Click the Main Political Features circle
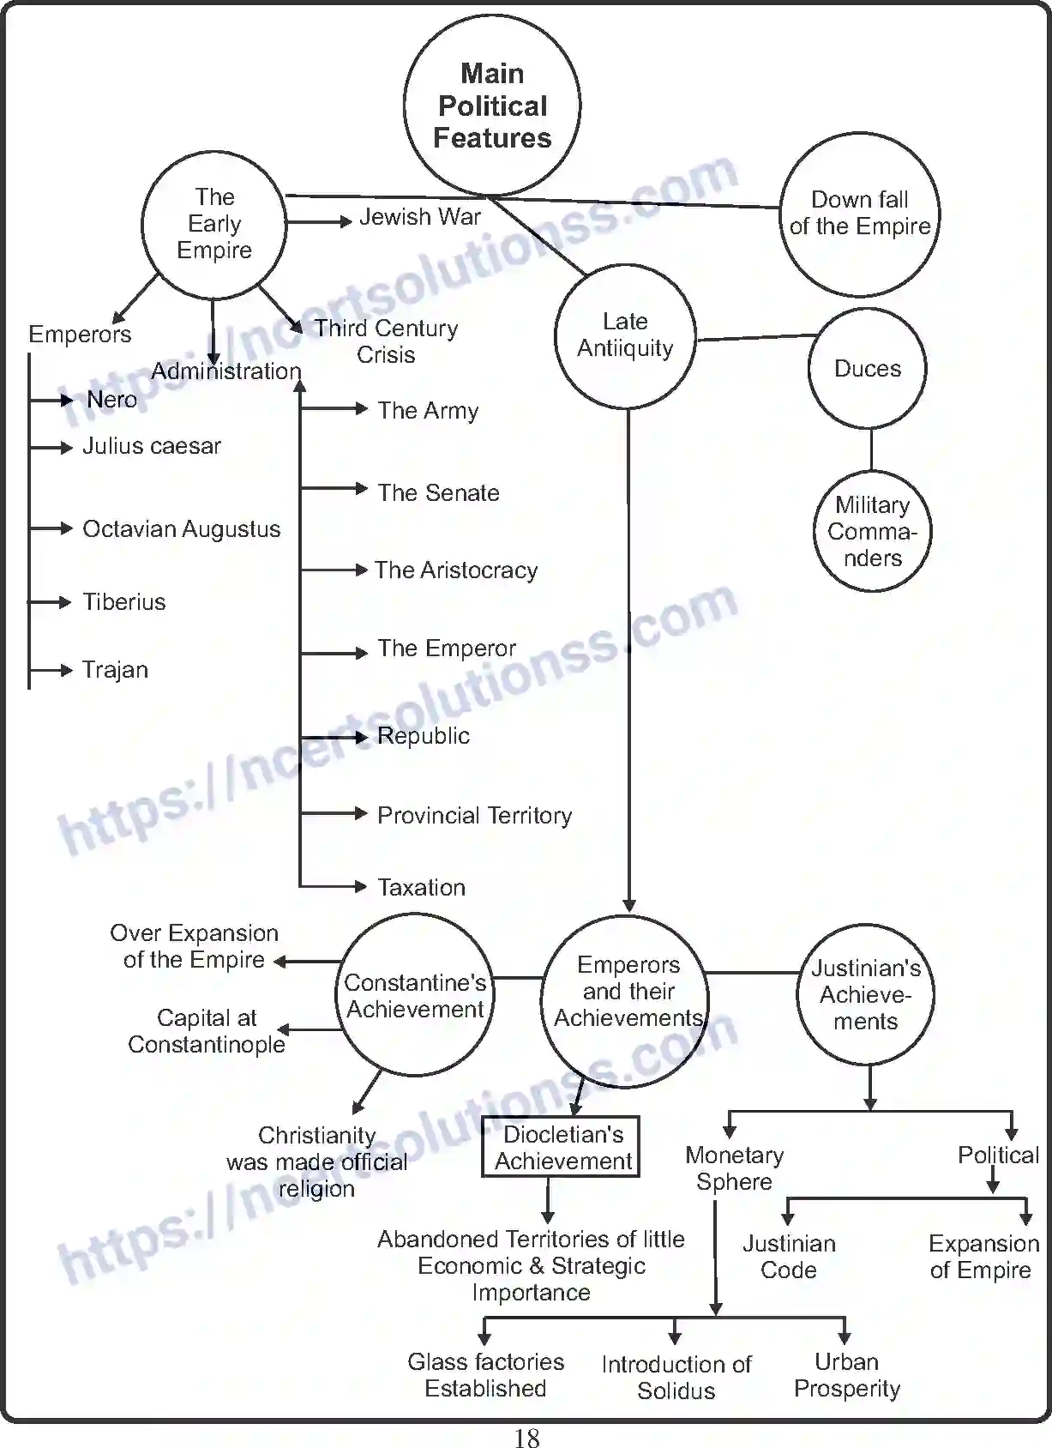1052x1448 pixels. [492, 106]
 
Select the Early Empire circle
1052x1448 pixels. [213, 225]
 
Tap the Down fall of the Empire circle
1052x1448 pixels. [860, 214]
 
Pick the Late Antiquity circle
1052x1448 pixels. [625, 335]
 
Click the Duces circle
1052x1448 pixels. [868, 369]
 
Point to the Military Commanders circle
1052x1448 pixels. [872, 532]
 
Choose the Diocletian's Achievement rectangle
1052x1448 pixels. [562, 1147]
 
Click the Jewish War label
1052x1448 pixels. [420, 217]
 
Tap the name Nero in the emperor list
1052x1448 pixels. [111, 400]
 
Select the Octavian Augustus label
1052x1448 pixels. [181, 529]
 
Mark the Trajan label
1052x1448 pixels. [115, 670]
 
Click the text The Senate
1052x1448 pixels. [438, 493]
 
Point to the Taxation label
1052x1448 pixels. [422, 888]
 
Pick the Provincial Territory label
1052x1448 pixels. [474, 816]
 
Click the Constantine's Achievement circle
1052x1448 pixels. [415, 995]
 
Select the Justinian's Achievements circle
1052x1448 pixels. [865, 995]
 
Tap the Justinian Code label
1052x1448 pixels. [789, 1257]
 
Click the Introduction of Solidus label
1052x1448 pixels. [676, 1378]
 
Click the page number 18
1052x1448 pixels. [526, 1438]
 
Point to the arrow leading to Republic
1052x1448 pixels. [334, 737]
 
